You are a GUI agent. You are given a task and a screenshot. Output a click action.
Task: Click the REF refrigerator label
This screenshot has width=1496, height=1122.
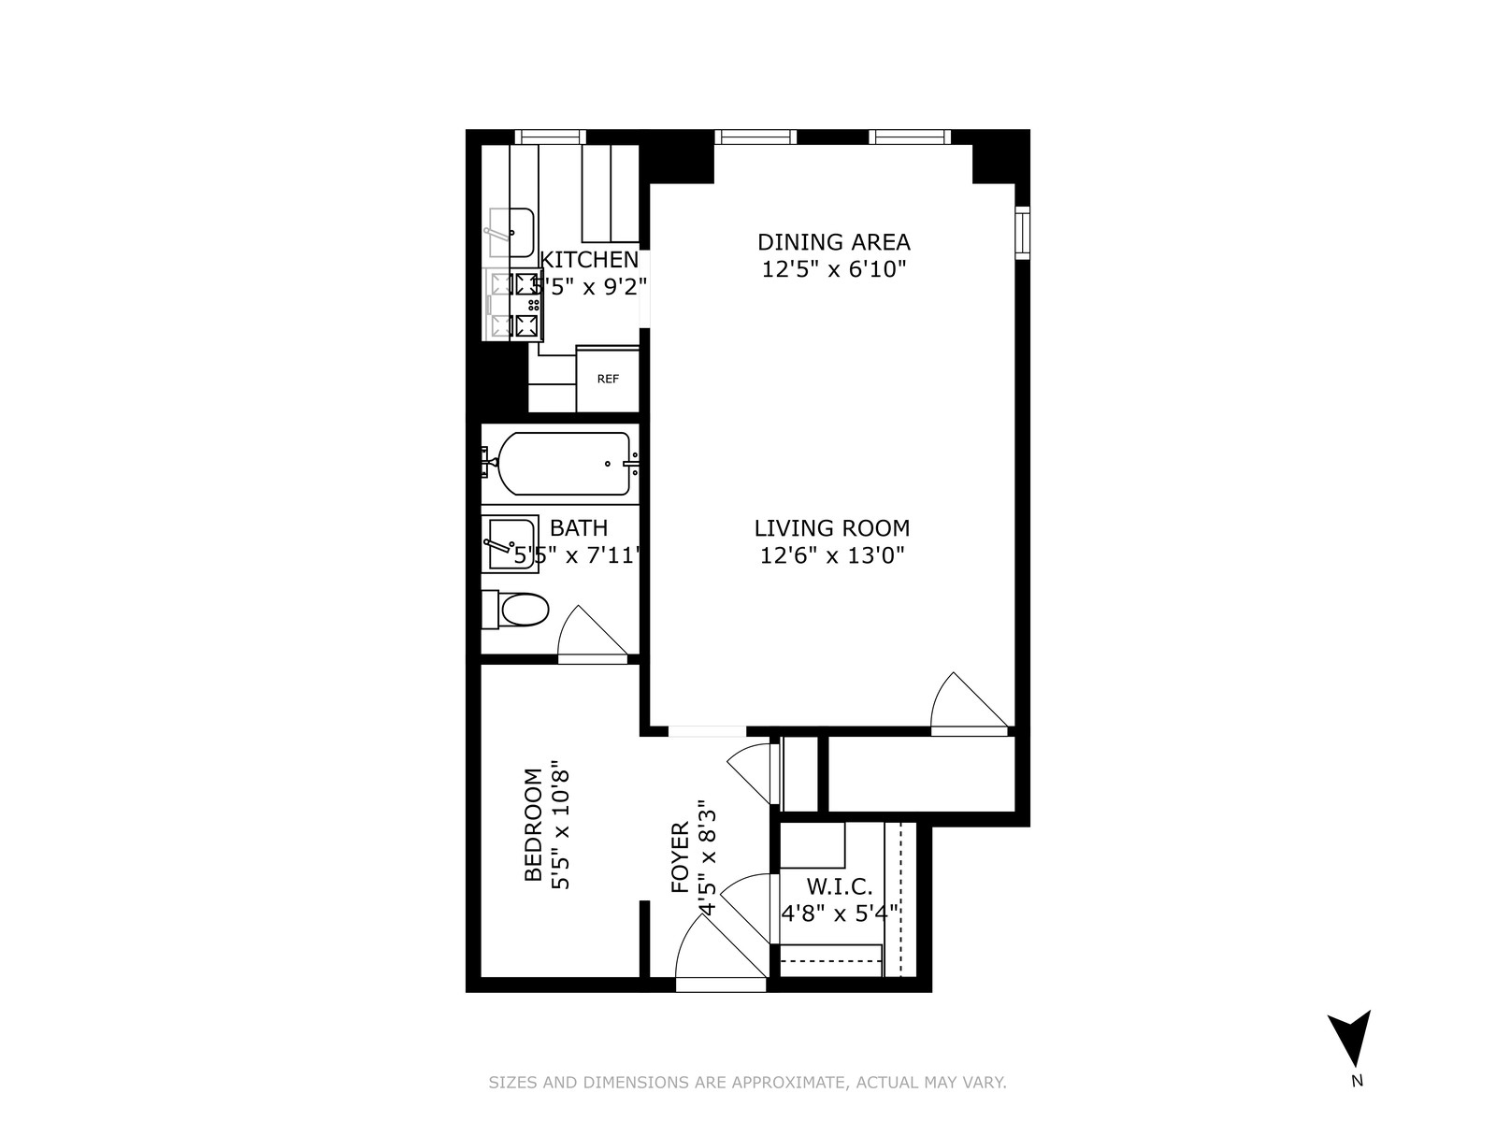[x=608, y=379]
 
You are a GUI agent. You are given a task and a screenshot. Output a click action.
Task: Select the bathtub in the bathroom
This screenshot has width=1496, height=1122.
[x=564, y=464]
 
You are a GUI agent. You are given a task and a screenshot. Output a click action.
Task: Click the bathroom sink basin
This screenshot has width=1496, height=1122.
[x=510, y=543]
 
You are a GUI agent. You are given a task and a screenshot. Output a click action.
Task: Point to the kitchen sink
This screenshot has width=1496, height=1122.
[x=511, y=232]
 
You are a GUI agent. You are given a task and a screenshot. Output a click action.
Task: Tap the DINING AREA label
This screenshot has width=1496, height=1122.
[x=833, y=242]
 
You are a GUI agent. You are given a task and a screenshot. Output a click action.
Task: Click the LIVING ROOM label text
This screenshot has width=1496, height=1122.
[x=832, y=528]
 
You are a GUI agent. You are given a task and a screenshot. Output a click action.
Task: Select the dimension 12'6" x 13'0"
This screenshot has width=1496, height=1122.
[x=832, y=556]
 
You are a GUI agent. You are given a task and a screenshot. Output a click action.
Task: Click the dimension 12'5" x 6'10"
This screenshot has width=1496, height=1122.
[x=833, y=270]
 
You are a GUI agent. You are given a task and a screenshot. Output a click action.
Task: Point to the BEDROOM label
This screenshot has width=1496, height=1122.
[x=533, y=825]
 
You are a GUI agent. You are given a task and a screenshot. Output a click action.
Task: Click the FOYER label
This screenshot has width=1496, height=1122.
[x=681, y=857]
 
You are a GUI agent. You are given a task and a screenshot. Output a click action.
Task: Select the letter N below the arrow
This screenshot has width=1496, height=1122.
[x=1358, y=1083]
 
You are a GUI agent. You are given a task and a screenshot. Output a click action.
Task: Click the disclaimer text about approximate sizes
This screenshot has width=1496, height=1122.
[x=747, y=1083]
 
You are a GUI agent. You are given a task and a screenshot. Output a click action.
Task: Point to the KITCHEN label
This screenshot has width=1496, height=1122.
[x=590, y=260]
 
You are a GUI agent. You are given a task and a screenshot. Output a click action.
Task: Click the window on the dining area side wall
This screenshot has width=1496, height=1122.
[x=1023, y=232]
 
